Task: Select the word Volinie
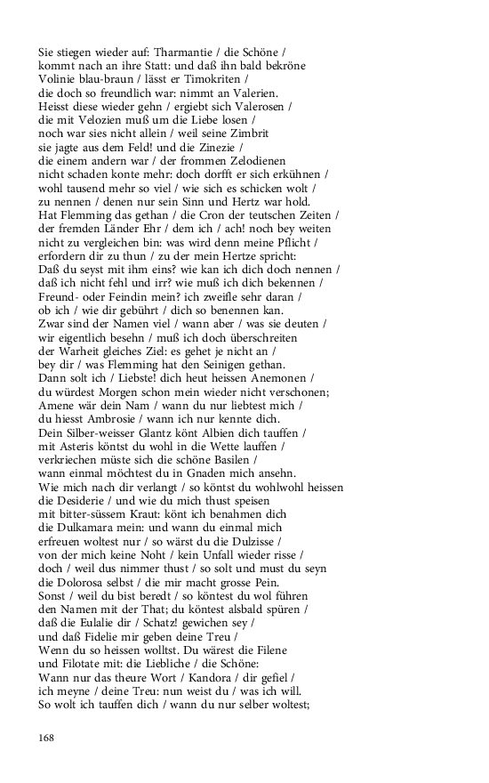(60, 79)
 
